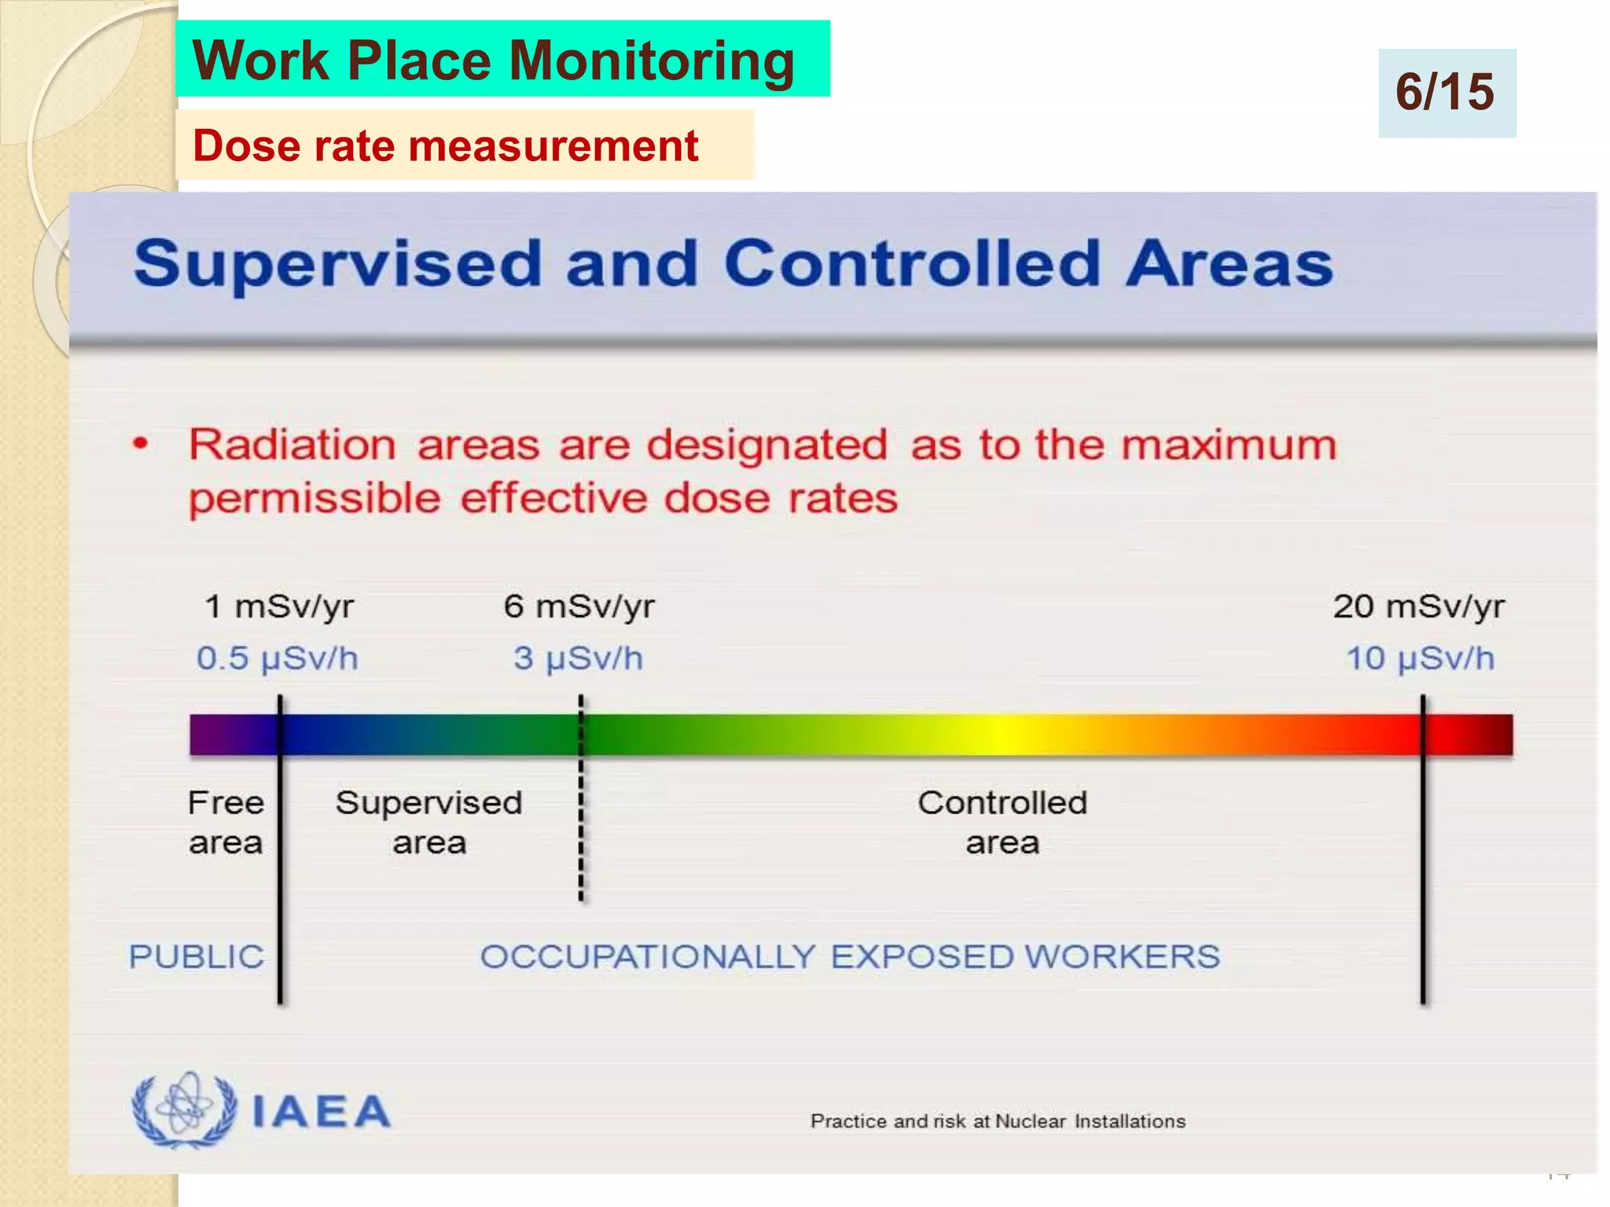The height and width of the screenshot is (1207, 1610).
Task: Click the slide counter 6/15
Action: pos(1446,93)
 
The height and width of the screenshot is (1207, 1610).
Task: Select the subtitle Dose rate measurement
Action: pos(446,146)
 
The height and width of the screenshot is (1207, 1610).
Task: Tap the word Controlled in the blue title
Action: pos(912,263)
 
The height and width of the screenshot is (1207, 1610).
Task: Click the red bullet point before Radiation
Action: pos(141,444)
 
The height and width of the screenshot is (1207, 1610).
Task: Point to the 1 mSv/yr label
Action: pos(279,607)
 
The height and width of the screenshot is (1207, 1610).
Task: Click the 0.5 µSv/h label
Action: pos(278,659)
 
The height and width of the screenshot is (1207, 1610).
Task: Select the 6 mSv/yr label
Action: pos(579,607)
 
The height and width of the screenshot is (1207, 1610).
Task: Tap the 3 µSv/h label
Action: pos(579,659)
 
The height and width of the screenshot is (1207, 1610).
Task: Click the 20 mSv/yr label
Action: pos(1419,607)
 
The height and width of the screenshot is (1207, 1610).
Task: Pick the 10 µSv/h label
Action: pos(1421,659)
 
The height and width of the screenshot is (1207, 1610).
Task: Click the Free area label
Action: pos(226,823)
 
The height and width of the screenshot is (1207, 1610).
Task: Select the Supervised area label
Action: pos(429,823)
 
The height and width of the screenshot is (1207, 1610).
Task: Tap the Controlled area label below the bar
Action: pos(1002,823)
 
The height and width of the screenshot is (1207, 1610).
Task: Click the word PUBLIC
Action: pos(197,957)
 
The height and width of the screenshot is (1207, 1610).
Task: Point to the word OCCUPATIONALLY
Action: pos(648,957)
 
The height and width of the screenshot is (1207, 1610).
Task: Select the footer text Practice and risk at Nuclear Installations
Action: pos(998,1121)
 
